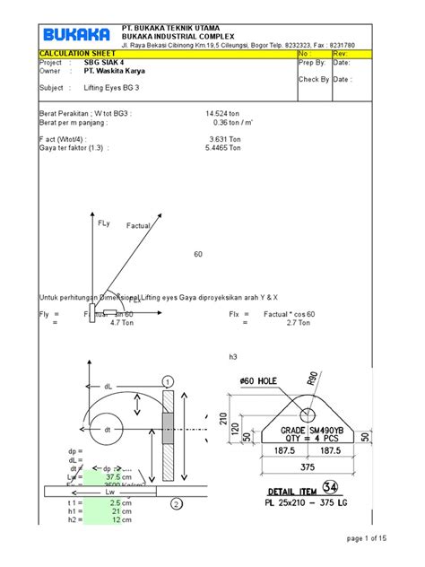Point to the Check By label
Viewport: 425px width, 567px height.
tap(314, 79)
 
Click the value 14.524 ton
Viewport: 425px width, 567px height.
tap(223, 115)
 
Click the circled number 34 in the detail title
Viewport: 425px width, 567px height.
tap(332, 487)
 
